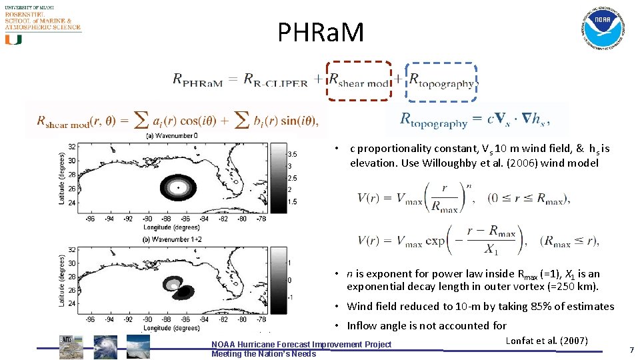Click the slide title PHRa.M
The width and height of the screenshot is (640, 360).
pos(321,31)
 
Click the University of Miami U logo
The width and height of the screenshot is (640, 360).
pos(13,39)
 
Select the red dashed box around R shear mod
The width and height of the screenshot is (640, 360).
pos(359,80)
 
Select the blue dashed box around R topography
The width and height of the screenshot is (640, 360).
pos(441,82)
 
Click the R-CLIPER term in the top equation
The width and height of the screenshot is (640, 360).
pos(275,81)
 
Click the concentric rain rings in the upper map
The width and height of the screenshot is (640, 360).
pos(179,189)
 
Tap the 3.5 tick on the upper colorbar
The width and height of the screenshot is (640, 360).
pos(292,154)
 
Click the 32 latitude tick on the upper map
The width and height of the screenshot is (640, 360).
pos(71,147)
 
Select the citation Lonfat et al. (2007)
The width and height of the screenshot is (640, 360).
pos(547,341)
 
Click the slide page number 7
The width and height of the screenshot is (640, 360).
pos(631,350)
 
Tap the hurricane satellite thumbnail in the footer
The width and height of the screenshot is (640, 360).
pos(105,347)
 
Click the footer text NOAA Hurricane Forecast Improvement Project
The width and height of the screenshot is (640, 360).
pos(301,344)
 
